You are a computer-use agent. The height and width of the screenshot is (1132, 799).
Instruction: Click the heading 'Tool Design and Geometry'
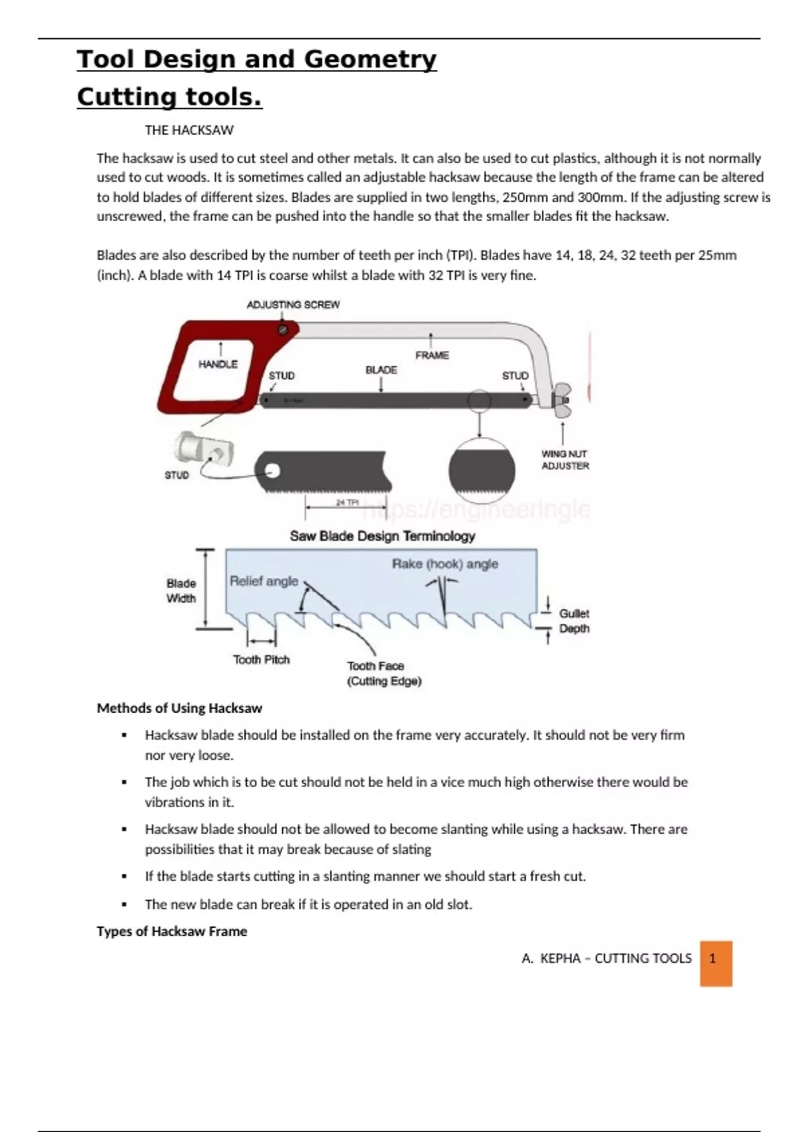[256, 59]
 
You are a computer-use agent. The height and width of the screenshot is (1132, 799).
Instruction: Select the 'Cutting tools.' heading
[169, 97]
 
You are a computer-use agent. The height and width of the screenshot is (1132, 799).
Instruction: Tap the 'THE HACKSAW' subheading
[189, 131]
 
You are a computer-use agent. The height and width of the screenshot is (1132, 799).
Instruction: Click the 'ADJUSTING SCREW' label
[293, 305]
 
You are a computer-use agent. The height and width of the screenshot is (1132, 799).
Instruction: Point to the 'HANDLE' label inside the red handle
[218, 364]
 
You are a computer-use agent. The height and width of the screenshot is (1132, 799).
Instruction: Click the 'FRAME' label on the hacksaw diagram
[432, 356]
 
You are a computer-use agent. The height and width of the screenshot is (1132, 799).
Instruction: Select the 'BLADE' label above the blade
[381, 370]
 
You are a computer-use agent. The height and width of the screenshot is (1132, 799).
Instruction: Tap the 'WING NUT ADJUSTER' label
[565, 460]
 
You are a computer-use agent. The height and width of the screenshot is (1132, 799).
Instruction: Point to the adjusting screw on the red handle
[283, 330]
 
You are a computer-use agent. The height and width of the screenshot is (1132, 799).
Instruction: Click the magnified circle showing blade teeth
[481, 470]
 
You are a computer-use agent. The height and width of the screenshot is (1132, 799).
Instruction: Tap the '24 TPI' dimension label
[347, 503]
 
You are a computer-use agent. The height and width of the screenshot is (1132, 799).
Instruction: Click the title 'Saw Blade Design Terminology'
[382, 536]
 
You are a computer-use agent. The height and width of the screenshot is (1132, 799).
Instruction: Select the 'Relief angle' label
[264, 581]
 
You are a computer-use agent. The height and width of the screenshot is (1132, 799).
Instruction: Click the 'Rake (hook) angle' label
[445, 564]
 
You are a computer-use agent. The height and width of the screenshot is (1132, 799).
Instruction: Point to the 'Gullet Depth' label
[574, 621]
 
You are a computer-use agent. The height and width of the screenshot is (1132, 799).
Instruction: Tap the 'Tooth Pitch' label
[261, 660]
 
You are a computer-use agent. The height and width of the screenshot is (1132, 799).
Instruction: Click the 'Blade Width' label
[181, 591]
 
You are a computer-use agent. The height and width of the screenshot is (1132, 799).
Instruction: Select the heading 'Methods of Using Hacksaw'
[179, 708]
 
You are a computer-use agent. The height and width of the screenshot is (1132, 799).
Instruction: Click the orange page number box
[716, 963]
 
